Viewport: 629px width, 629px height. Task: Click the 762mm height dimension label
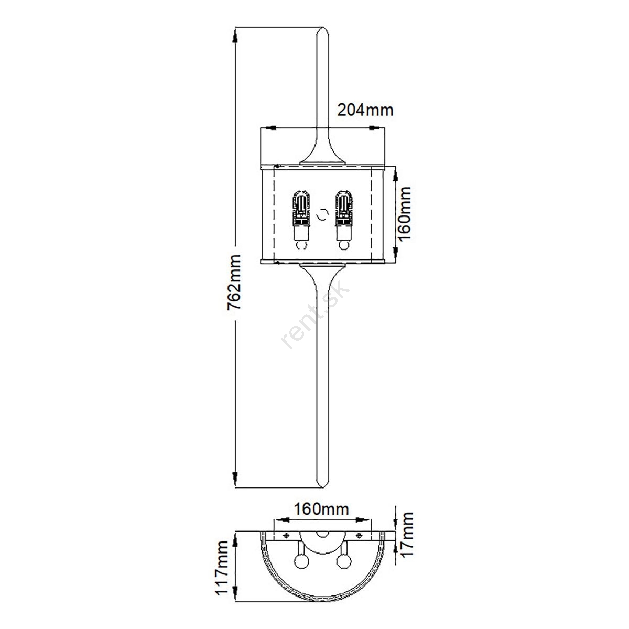tap(234, 283)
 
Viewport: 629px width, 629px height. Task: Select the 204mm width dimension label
tap(365, 110)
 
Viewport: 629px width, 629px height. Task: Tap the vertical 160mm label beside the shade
tap(404, 214)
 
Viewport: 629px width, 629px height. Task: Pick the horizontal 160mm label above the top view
tap(321, 509)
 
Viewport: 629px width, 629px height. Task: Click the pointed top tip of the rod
tap(322, 27)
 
